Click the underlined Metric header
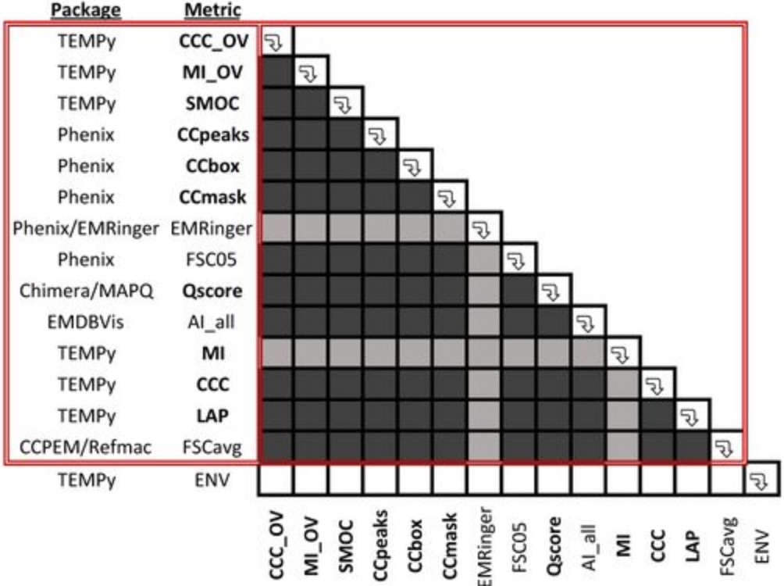[x=212, y=10]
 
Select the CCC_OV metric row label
[x=212, y=41]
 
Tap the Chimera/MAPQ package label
[x=87, y=291]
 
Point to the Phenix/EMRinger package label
[x=87, y=229]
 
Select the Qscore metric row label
[x=212, y=291]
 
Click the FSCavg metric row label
[x=212, y=448]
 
